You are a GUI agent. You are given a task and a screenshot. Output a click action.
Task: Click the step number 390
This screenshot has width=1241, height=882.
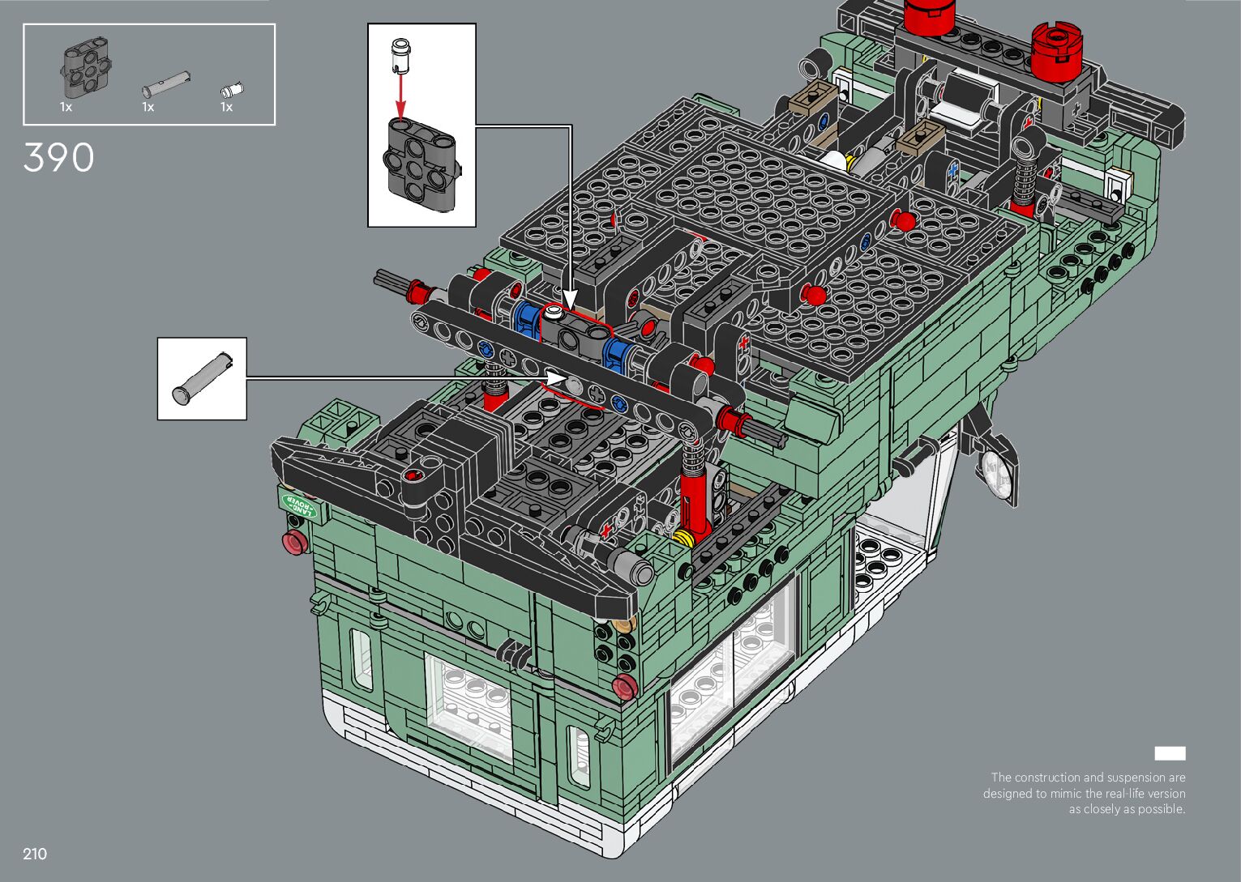click(x=58, y=158)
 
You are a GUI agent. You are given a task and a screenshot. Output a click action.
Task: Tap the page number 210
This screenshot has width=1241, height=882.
click(x=35, y=854)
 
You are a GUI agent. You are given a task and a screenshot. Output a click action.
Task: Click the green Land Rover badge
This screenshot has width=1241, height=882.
click(x=299, y=505)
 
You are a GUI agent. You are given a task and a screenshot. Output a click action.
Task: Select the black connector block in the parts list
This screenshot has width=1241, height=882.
click(x=85, y=67)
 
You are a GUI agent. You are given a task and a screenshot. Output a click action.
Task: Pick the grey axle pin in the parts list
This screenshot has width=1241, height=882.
click(x=166, y=83)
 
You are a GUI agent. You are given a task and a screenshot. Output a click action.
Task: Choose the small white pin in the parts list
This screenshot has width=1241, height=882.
click(x=232, y=90)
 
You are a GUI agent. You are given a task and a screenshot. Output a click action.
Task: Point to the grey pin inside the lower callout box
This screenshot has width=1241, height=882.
click(x=202, y=377)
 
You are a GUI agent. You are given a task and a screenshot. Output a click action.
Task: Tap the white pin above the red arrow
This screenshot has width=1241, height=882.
click(x=400, y=55)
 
